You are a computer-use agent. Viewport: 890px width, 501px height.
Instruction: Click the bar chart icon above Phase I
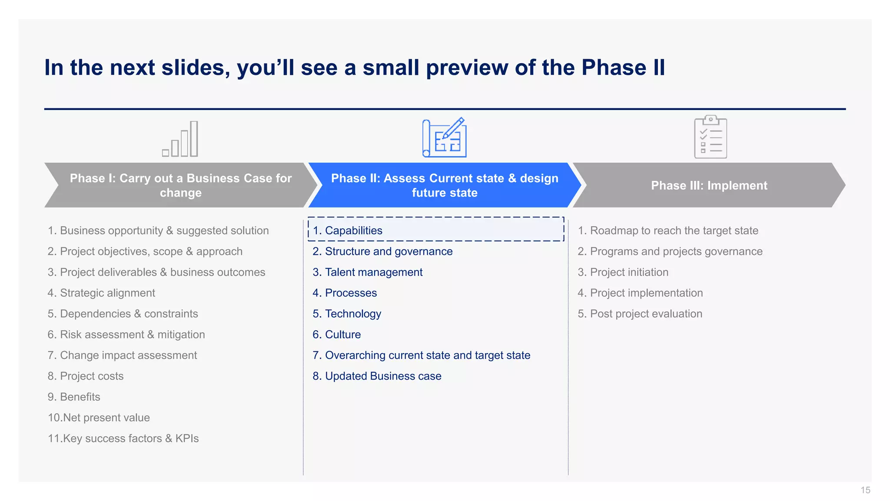pos(180,139)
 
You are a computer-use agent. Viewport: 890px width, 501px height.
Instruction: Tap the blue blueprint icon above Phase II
pos(445,138)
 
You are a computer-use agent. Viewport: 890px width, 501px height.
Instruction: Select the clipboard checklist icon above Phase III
pos(710,137)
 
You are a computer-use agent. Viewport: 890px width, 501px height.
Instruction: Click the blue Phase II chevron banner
pos(445,185)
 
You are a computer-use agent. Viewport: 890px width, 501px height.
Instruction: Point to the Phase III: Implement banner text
pos(709,186)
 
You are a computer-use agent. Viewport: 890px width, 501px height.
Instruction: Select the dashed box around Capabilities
pos(436,229)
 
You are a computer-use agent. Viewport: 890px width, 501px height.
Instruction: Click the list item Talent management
pos(368,272)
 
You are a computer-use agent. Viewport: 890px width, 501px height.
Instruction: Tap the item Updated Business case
pos(377,376)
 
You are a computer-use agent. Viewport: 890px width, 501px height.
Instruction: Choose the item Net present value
pos(99,418)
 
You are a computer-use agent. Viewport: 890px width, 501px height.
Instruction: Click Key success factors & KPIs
pos(123,438)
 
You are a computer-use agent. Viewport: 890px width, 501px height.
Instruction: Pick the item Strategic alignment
pos(101,293)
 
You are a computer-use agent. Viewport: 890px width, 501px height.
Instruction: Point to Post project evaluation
pos(640,314)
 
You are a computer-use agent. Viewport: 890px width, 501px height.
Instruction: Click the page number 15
pos(865,490)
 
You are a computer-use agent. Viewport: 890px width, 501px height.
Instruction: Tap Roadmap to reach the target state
pos(668,230)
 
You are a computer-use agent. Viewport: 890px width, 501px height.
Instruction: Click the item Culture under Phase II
pos(337,335)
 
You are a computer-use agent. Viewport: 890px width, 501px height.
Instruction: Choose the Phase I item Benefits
pos(74,397)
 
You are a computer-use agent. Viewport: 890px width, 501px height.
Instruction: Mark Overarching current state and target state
pos(422,355)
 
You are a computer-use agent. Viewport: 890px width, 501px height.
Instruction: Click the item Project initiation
pos(623,272)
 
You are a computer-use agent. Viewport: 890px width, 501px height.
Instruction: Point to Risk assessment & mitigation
pos(126,335)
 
